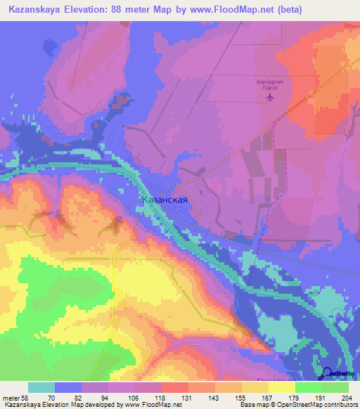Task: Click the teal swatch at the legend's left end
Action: (41, 387)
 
